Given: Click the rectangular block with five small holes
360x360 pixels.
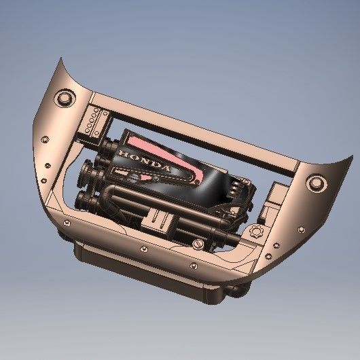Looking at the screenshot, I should coord(94,124).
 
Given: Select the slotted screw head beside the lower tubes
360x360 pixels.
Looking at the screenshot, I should coord(198,241).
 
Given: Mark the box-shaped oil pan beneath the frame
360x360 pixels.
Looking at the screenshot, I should coord(149,272).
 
